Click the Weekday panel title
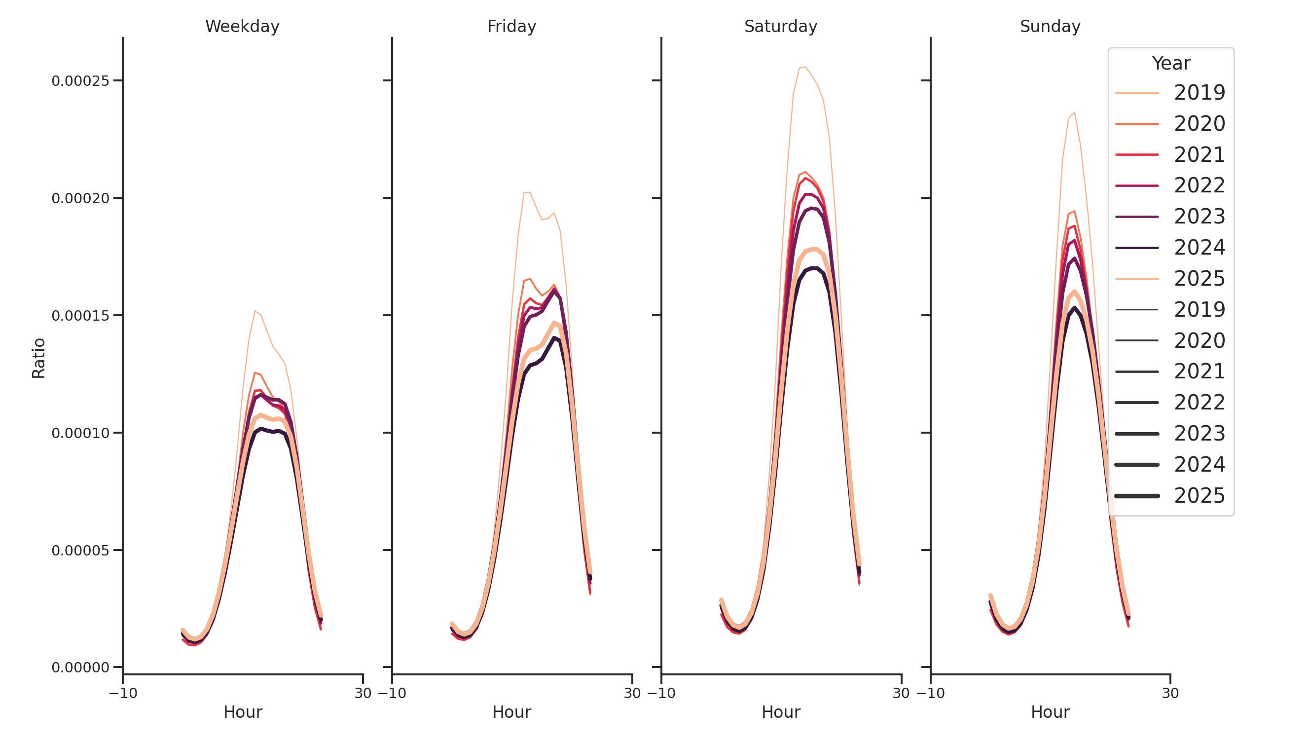point(242,27)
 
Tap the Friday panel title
point(511,27)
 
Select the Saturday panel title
point(780,27)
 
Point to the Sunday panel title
point(1050,27)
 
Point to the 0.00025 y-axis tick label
point(80,81)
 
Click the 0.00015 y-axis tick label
point(80,316)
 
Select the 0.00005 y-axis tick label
point(80,551)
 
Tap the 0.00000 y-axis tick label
point(80,668)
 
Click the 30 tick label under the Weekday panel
point(363,693)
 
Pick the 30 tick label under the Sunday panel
point(1170,693)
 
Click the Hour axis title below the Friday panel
point(511,712)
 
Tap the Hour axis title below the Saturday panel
point(780,712)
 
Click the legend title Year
point(1170,64)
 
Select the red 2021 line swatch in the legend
point(1136,154)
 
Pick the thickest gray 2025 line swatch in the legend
point(1136,496)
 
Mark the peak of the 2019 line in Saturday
point(804,67)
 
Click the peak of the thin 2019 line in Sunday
point(1074,112)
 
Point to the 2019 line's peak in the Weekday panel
point(255,311)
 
